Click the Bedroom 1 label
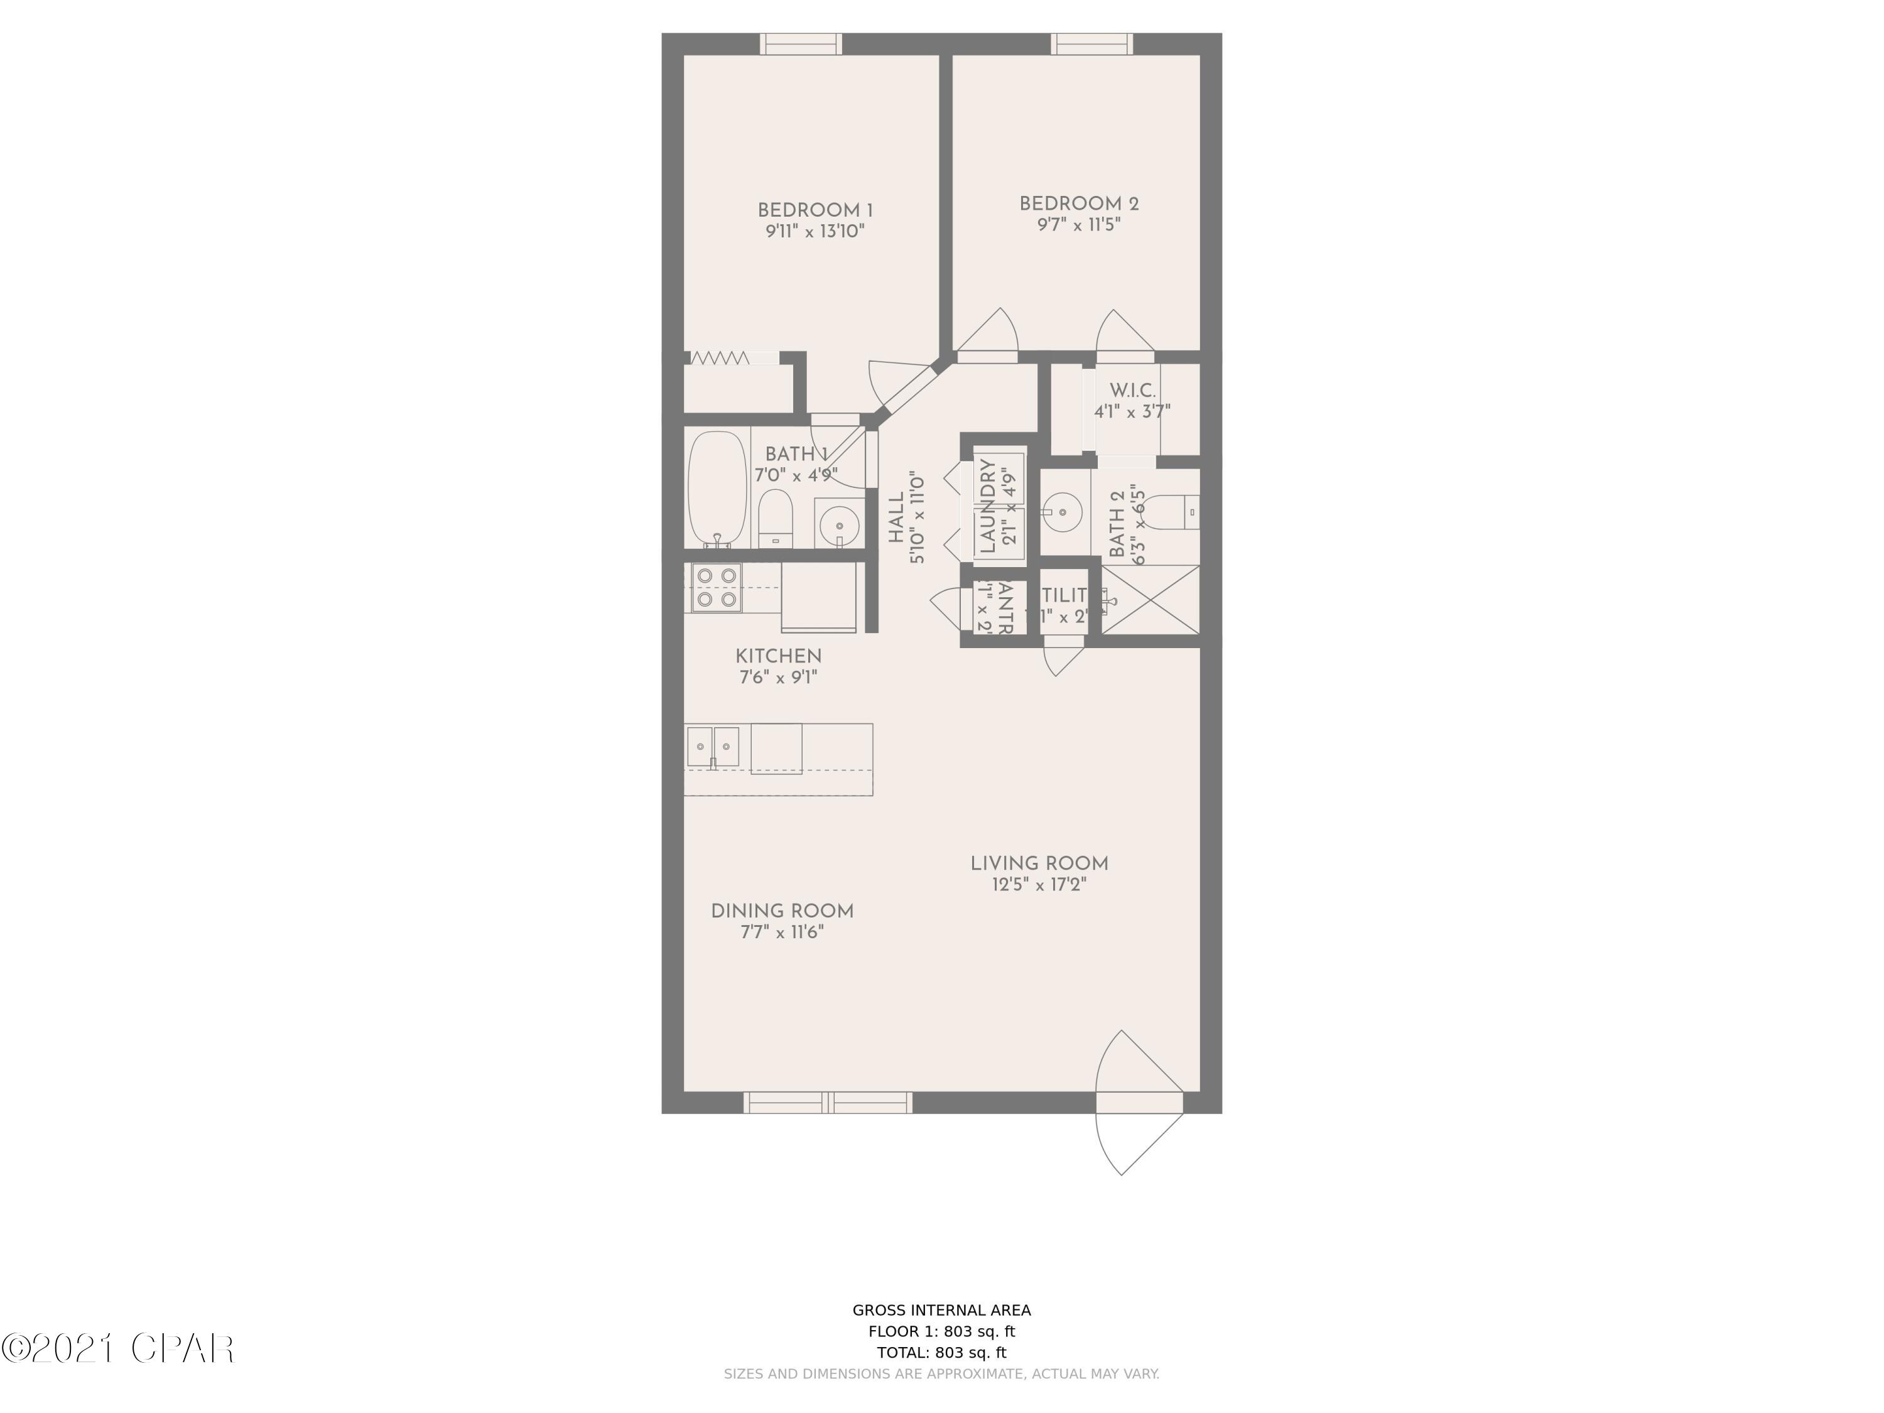click(x=815, y=210)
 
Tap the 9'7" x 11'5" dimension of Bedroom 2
click(x=1078, y=225)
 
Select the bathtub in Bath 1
click(x=717, y=489)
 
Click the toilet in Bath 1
click(x=775, y=516)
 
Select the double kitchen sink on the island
click(x=713, y=747)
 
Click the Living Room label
click(x=1039, y=863)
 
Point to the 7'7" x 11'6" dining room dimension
click(x=782, y=932)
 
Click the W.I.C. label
click(x=1132, y=391)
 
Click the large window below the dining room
click(x=828, y=1103)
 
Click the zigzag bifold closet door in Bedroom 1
click(x=720, y=359)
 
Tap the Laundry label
click(x=988, y=506)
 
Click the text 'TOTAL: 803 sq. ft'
click(x=941, y=1351)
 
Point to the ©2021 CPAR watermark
click(x=117, y=1348)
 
